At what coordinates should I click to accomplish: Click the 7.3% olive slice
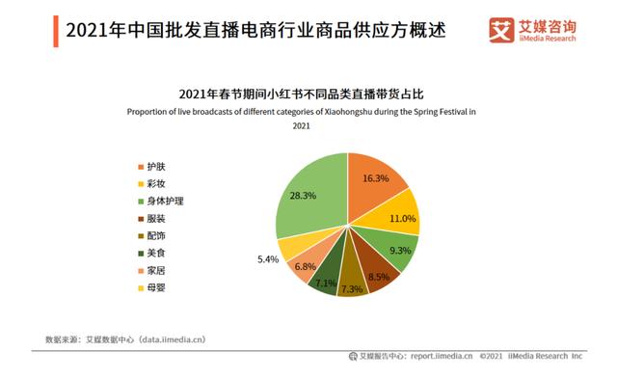pos(350,285)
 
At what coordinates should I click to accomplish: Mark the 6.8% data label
pos(305,266)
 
